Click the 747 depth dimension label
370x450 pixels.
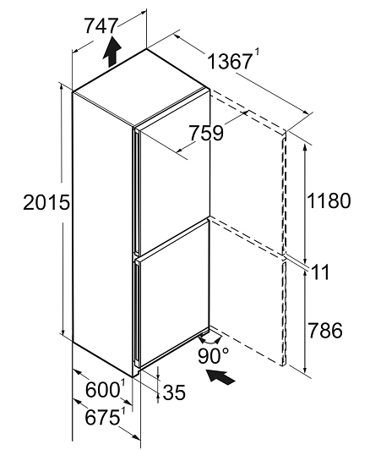point(101,26)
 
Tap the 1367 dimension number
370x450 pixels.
point(229,62)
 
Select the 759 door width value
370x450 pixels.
point(207,133)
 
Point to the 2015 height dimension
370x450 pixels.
point(46,202)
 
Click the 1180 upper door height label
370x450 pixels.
point(329,200)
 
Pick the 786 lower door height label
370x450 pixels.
point(324,330)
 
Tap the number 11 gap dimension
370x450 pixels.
point(320,272)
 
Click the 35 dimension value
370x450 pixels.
point(174,392)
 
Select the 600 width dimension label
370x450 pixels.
point(102,390)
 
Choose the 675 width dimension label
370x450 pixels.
point(102,417)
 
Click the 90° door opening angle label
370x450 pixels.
point(213,356)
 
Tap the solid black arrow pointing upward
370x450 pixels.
point(112,52)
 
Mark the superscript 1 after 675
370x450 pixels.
point(122,412)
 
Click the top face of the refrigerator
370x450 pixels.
point(140,87)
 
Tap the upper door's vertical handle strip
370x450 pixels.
point(137,192)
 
